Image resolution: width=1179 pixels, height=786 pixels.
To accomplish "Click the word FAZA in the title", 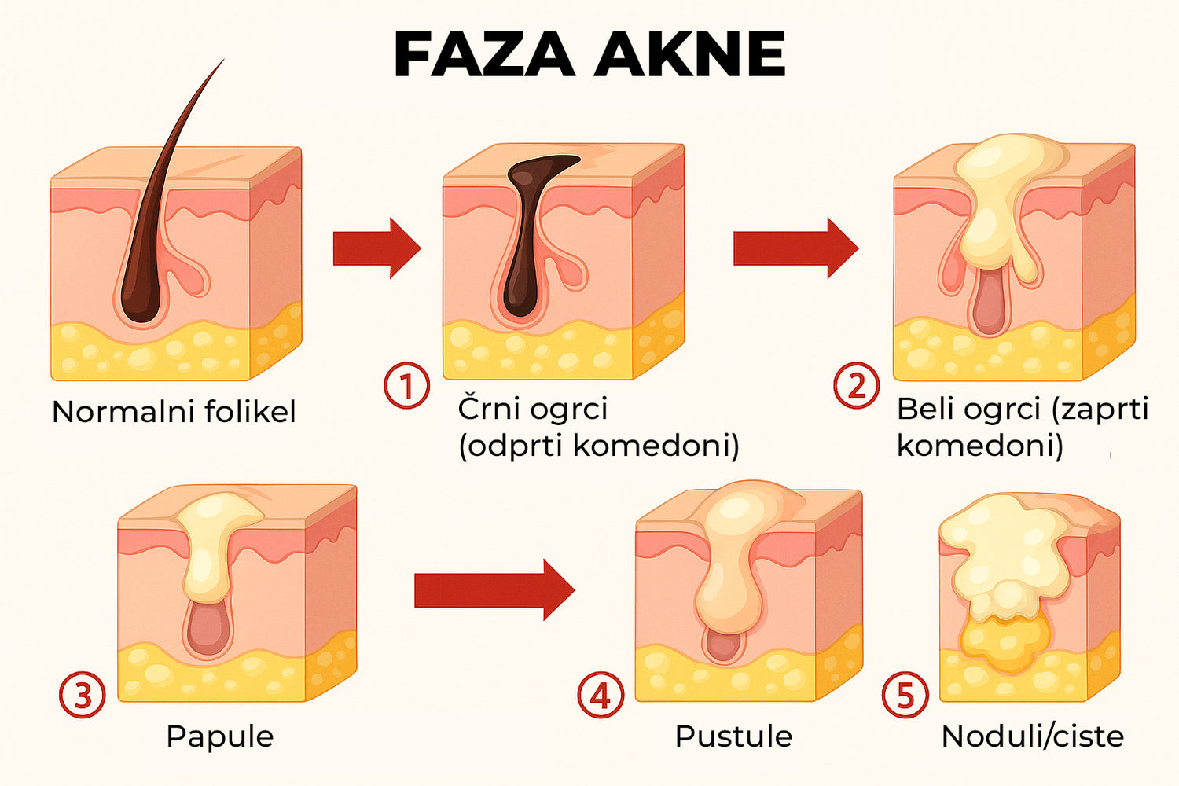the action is point(484,54).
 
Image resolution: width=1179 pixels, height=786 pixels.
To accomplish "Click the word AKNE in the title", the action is point(689,54).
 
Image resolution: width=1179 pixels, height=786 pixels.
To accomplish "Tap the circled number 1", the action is point(406,385).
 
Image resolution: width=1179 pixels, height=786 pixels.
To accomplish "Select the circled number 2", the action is point(857,385).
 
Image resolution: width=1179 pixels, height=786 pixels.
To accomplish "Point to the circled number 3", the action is point(82,694).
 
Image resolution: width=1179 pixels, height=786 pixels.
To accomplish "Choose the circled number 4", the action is point(601,694).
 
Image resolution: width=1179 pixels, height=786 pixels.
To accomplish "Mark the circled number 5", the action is point(905,694).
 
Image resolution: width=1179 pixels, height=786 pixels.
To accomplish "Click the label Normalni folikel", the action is point(174,412).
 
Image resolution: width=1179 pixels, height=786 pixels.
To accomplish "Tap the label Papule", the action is point(220,736).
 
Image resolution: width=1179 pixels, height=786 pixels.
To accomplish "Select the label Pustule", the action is point(733,736).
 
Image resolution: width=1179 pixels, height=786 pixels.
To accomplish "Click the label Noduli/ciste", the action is point(1033,736).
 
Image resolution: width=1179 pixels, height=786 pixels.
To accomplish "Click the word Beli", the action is point(926,409).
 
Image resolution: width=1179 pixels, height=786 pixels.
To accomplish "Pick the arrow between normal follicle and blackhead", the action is point(376,248).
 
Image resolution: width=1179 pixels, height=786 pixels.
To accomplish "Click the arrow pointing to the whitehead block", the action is point(795,248).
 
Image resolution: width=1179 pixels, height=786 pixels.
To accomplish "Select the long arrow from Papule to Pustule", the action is point(494,590).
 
